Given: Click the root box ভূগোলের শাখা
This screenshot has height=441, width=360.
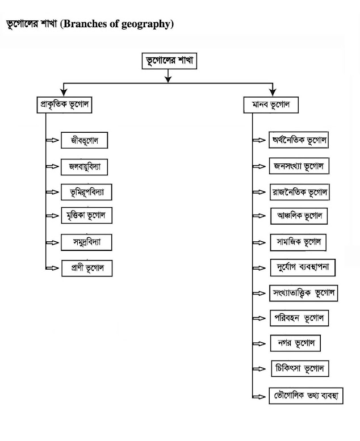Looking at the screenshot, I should tap(169, 61).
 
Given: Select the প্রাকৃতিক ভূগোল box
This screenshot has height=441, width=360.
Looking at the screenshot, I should tap(64, 105).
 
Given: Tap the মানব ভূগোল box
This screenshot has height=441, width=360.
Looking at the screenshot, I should tap(274, 105).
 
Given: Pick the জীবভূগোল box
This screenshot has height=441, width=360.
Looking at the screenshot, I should tap(84, 140).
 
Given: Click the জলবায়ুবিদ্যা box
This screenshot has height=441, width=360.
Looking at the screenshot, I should tap(84, 167).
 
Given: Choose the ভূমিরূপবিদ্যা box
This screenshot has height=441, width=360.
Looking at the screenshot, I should tap(86, 192).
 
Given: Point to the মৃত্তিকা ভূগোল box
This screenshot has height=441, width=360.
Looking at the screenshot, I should tap(86, 216).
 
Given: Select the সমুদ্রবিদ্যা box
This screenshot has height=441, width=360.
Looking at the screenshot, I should tap(86, 242).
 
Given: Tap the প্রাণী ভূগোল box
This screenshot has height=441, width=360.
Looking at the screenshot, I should tap(86, 268).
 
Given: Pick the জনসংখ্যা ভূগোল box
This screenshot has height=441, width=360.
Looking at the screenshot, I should tap(299, 167).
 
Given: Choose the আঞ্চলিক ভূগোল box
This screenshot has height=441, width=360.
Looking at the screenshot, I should tap(299, 217).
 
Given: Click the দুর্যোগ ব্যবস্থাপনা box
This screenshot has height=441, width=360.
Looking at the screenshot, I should tap(304, 267).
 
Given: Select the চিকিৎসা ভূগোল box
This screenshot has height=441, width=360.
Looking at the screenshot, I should tap(299, 368).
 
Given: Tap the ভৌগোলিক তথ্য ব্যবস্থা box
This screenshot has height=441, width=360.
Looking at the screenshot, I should tap(305, 396).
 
